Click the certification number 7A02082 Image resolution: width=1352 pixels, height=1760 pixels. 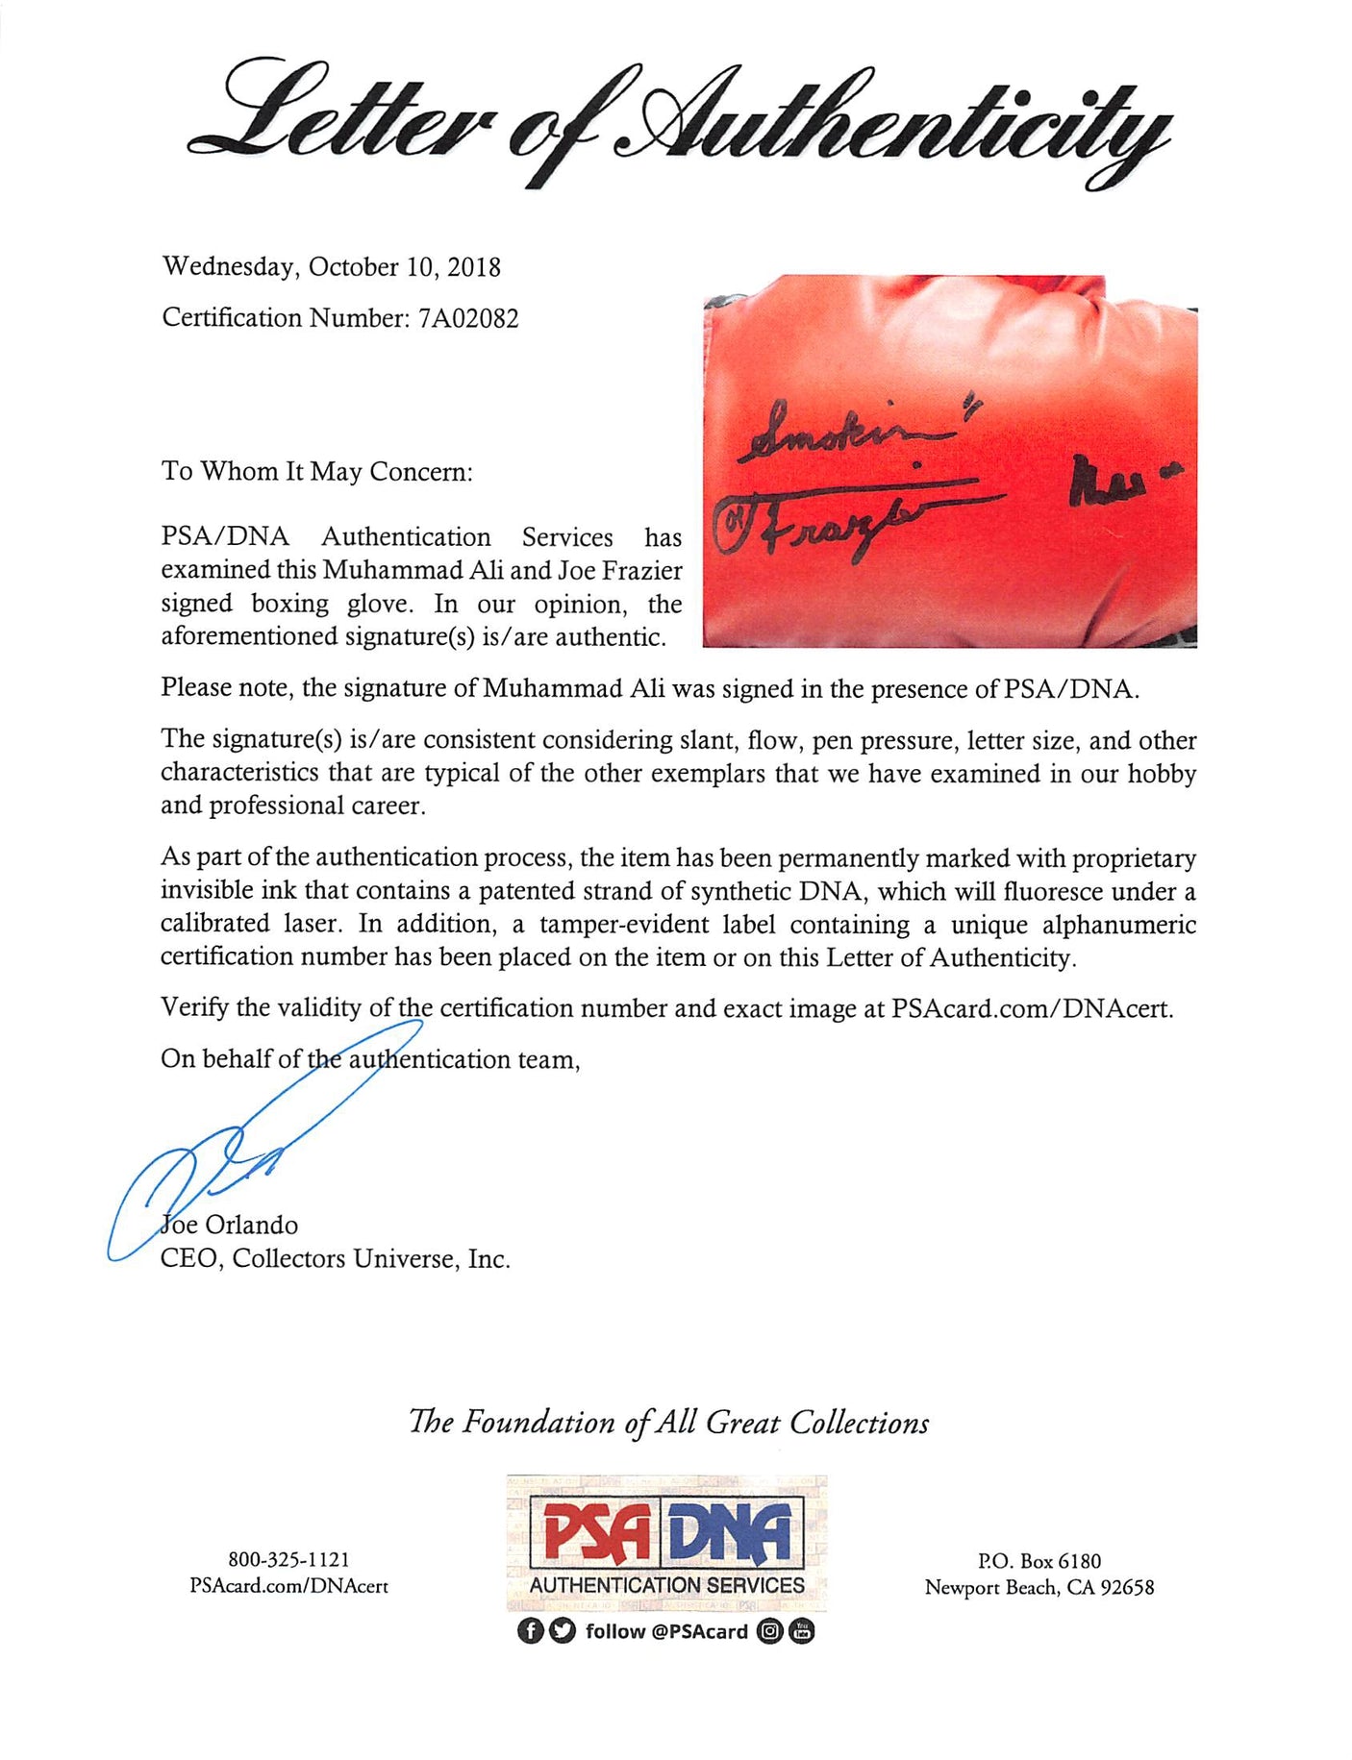(471, 318)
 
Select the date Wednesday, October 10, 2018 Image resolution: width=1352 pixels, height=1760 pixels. (332, 267)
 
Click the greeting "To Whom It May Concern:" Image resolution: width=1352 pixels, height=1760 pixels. (317, 472)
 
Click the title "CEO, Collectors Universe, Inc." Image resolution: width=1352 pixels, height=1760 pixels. (336, 1259)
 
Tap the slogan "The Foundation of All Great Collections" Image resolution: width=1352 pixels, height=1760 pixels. (669, 1423)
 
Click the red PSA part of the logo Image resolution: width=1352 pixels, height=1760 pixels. (596, 1531)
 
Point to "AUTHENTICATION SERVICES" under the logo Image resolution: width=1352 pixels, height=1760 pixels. (667, 1585)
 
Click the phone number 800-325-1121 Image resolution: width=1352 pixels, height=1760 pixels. (288, 1560)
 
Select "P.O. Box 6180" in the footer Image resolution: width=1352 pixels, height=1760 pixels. (1039, 1562)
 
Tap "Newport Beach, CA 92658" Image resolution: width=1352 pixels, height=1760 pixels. (1039, 1588)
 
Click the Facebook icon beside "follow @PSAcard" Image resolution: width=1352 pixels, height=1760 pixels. (529, 1631)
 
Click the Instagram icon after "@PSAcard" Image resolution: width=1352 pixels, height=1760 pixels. (769, 1631)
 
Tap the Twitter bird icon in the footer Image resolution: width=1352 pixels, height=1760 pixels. (563, 1631)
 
